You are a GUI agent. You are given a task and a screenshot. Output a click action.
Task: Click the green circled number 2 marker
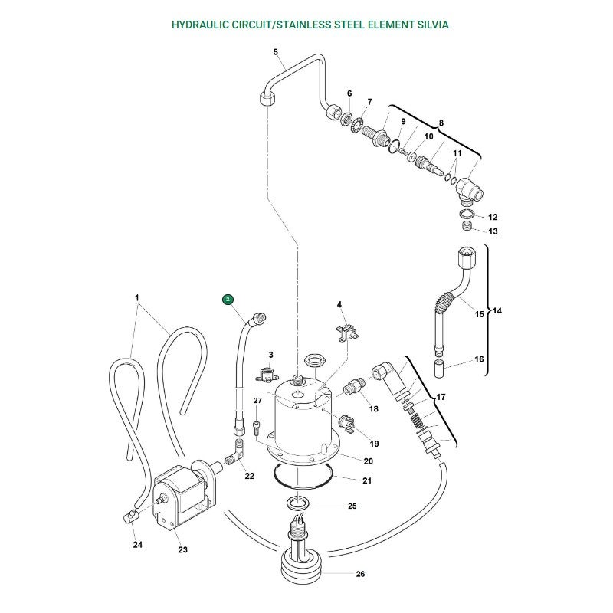228,300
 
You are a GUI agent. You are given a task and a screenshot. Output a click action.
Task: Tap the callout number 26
360,574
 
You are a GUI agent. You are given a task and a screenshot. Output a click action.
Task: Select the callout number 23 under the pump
182,549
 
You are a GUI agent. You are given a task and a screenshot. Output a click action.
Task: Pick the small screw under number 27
257,428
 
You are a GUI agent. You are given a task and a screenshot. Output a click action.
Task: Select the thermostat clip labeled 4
347,333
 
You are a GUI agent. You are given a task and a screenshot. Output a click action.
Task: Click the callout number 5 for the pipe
276,52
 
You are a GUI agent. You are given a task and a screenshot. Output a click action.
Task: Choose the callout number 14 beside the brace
497,310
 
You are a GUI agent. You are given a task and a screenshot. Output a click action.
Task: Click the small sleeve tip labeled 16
440,369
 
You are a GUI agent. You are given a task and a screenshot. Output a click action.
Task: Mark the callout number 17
441,397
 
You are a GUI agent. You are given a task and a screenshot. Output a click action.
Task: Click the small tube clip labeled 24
129,517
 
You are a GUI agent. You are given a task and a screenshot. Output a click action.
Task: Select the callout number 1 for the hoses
137,298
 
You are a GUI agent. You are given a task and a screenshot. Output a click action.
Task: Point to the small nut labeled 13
467,226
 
